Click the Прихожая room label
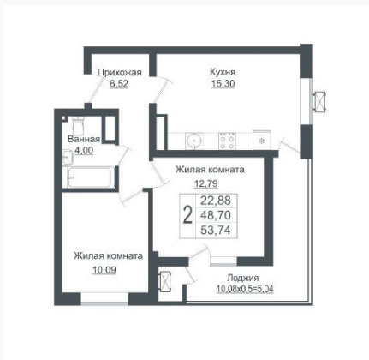(120, 72)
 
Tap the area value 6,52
(119, 84)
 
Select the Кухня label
(223, 72)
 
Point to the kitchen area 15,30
(223, 84)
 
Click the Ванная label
(84, 139)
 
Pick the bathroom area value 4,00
(84, 150)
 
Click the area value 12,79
(205, 183)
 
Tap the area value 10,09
(104, 269)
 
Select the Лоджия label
(243, 278)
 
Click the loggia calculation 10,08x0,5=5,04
(245, 289)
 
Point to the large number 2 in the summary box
(187, 216)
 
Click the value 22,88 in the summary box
(216, 201)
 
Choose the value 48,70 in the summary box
(216, 215)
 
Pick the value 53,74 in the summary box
(216, 230)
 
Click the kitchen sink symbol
(194, 141)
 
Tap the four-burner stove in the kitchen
(227, 141)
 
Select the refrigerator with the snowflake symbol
(262, 140)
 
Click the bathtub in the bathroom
(89, 177)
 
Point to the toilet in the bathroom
(77, 126)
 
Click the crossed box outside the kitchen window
(319, 101)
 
